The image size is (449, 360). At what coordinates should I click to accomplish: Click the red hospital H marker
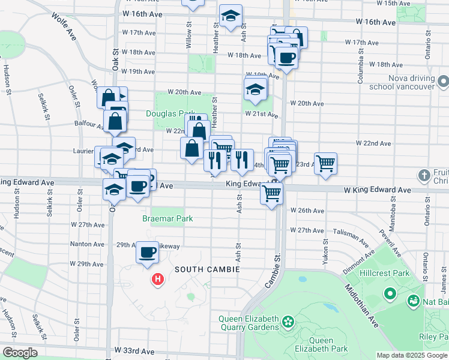pos(158,279)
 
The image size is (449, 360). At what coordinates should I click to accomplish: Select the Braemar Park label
pos(167,218)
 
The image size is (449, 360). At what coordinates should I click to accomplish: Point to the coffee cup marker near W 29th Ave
pos(147,252)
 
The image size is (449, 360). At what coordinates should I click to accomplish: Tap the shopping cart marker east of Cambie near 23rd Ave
pos(325,162)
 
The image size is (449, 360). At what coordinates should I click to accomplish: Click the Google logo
pos(19,352)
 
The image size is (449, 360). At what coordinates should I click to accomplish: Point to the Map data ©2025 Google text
pos(411,355)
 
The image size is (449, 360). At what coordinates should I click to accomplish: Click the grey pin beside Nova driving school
pos(443,80)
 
